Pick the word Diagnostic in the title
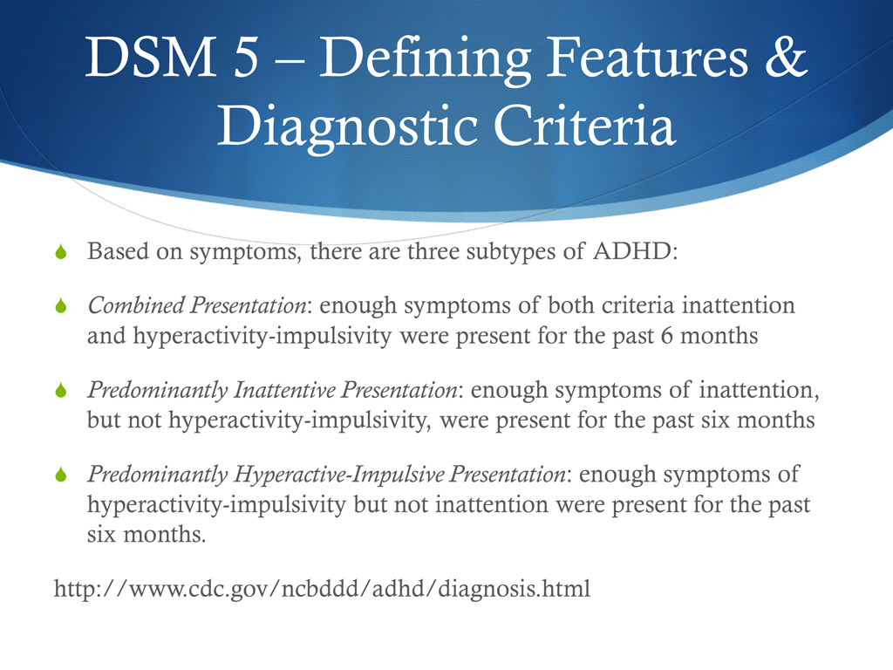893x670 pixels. point(350,128)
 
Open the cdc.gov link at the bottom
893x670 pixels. point(322,589)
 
